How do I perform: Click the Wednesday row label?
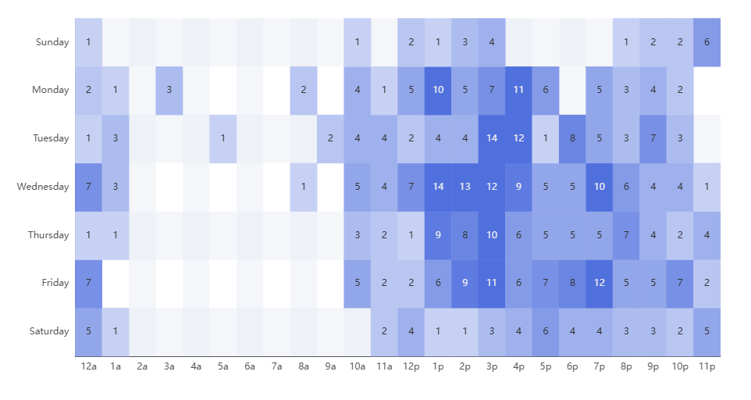coord(43,187)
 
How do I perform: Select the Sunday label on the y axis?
coord(52,42)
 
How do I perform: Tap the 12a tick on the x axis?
coord(88,365)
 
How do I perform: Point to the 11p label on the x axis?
coord(707,365)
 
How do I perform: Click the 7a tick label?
coord(276,365)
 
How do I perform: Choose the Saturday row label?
coord(48,331)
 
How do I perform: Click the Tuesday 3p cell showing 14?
coord(492,138)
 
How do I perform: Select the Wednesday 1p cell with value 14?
coord(438,187)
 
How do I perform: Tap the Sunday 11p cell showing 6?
coord(707,42)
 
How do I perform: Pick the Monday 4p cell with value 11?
coord(518,90)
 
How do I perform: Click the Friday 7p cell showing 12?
coord(600,283)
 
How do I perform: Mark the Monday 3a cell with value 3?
coord(169,90)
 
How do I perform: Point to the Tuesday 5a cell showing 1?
coord(222,138)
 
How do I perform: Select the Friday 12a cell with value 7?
coord(88,283)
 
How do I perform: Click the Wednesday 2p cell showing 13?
coord(464,187)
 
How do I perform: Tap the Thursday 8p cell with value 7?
coord(626,235)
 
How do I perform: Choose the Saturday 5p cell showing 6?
coord(546,331)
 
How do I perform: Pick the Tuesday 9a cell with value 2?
coord(330,138)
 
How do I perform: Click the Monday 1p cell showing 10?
coord(438,90)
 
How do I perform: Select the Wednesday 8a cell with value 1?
coord(304,187)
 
